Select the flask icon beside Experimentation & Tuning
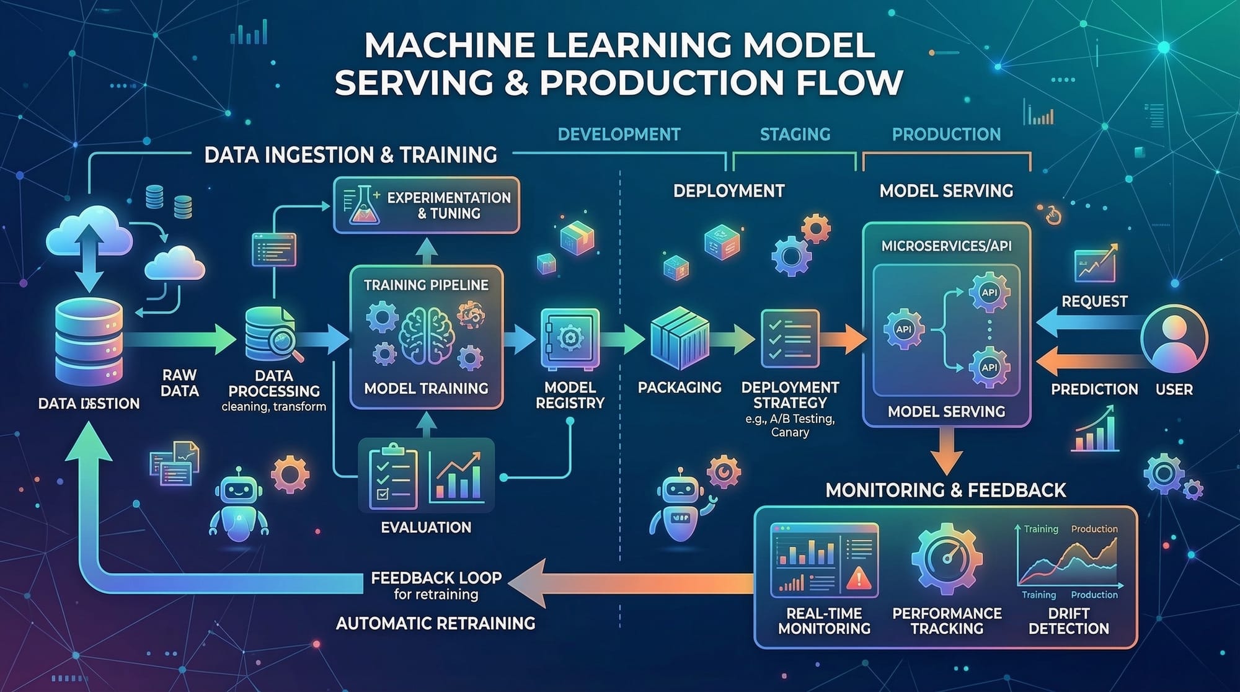pyautogui.click(x=364, y=206)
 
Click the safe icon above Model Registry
pyautogui.click(x=570, y=339)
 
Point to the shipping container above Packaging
pyautogui.click(x=680, y=339)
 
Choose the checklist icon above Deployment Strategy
pyautogui.click(x=789, y=339)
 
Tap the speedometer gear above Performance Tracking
pyautogui.click(x=947, y=558)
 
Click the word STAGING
pyautogui.click(x=795, y=135)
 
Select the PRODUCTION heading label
pyautogui.click(x=946, y=135)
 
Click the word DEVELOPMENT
pyautogui.click(x=619, y=135)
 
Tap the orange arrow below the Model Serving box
pyautogui.click(x=946, y=451)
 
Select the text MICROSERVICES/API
pyautogui.click(x=946, y=246)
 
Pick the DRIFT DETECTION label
pyautogui.click(x=1068, y=621)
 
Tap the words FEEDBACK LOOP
pyautogui.click(x=436, y=578)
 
